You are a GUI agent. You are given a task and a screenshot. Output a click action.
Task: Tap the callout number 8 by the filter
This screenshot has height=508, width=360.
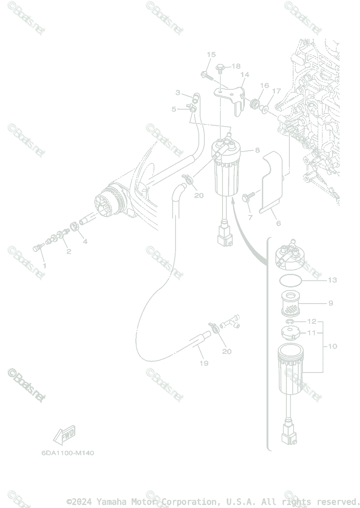coord(257,150)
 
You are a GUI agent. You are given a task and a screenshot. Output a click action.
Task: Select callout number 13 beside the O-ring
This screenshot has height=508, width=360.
coord(332,280)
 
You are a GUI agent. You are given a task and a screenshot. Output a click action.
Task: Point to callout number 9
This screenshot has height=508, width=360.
coord(331,303)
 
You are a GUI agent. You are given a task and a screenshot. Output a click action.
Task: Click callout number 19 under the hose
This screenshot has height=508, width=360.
coord(204,363)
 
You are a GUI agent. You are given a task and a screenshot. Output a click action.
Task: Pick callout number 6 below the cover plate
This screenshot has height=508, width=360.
coord(278,223)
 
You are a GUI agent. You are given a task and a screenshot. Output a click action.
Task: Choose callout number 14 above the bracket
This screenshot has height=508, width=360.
coord(245,75)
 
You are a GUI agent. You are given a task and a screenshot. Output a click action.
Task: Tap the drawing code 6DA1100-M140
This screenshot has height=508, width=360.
coord(68,453)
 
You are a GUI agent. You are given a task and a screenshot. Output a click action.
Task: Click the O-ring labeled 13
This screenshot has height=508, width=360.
coord(291,280)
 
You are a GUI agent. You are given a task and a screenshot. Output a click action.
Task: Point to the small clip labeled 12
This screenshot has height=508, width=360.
coord(290,323)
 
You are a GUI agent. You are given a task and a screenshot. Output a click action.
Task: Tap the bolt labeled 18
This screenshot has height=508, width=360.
coord(220,67)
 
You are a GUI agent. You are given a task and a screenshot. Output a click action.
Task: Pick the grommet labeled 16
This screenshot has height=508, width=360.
coord(255,104)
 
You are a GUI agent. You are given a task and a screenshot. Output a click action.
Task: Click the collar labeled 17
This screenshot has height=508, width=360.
coord(265,110)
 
